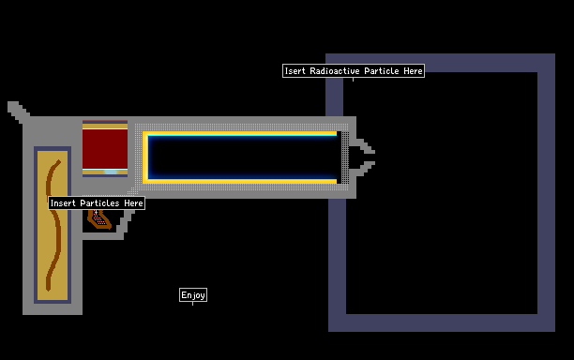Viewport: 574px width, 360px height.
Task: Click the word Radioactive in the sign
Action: pyautogui.click(x=335, y=70)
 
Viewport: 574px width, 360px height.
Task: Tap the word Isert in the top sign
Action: pyautogui.click(x=295, y=70)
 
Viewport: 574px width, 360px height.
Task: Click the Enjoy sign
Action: pyautogui.click(x=193, y=295)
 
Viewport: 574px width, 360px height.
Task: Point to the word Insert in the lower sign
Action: pyautogui.click(x=63, y=203)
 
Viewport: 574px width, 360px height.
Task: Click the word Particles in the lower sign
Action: pyautogui.click(x=99, y=203)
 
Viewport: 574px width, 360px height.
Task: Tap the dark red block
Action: pyautogui.click(x=105, y=149)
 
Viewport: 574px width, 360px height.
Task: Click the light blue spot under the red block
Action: pyautogui.click(x=111, y=172)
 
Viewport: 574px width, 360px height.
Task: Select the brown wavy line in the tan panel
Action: pyautogui.click(x=53, y=224)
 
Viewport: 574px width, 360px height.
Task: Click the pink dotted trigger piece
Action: pyautogui.click(x=98, y=218)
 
